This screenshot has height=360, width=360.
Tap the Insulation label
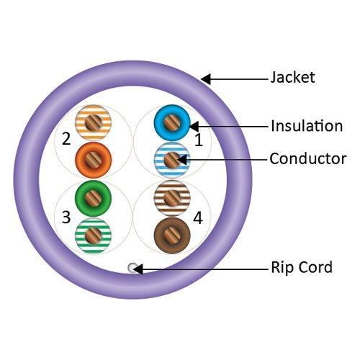(307, 126)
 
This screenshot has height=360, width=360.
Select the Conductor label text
(307, 158)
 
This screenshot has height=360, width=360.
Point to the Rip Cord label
(302, 268)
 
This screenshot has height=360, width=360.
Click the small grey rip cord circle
(132, 268)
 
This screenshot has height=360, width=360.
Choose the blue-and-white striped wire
(171, 158)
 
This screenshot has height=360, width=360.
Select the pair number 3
(66, 216)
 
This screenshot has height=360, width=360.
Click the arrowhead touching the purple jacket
(207, 78)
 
